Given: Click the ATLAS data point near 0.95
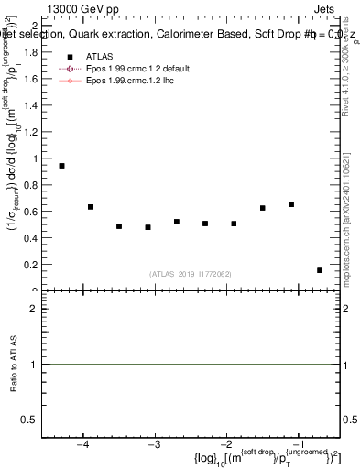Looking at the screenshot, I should (61, 166).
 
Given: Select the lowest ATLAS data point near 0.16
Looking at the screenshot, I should (320, 270).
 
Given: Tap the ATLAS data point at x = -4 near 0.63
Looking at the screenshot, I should (91, 207).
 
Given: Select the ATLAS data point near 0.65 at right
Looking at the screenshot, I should (291, 204).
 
